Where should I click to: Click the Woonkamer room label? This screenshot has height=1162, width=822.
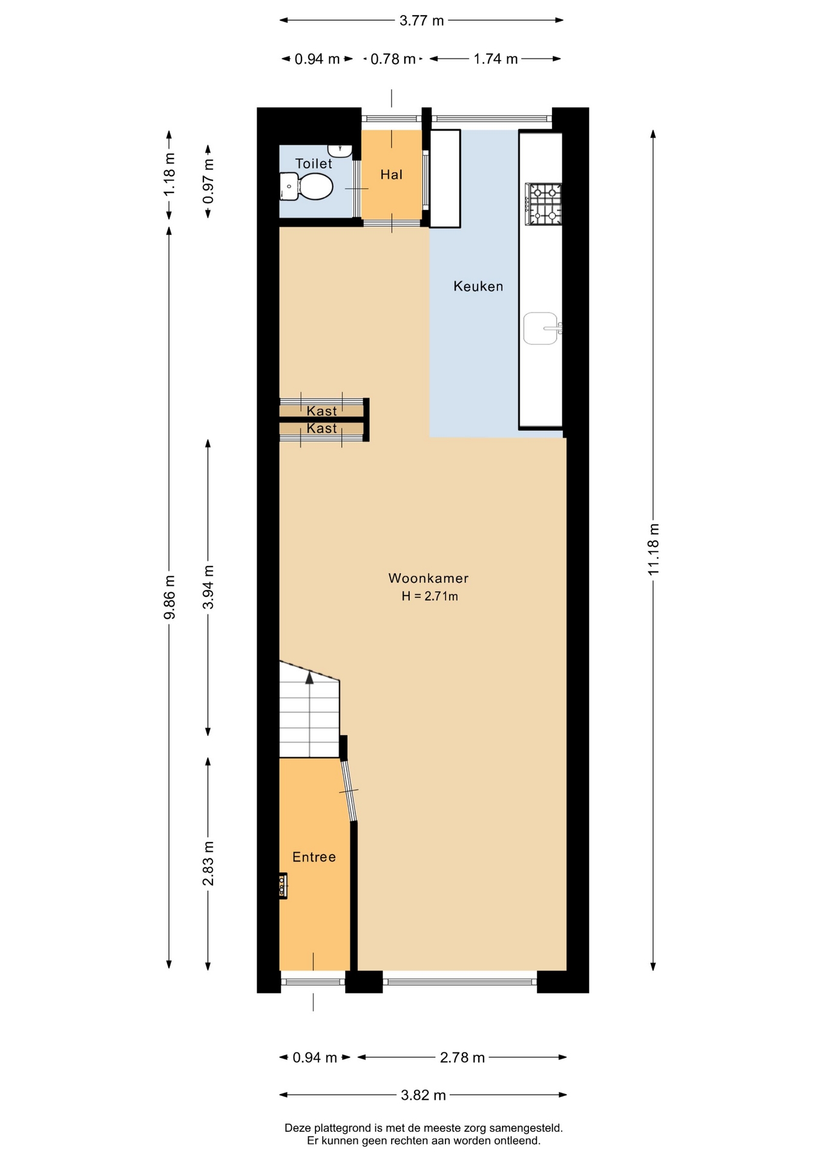coord(429,578)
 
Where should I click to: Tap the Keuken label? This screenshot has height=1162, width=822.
coord(478,286)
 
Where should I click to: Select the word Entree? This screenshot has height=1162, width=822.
coord(314,857)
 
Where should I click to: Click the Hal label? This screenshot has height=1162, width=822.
coord(391,175)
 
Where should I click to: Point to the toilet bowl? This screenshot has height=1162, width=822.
coord(307,186)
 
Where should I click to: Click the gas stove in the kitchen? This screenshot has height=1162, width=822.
coord(544,204)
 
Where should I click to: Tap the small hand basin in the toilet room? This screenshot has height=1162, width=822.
coord(340,150)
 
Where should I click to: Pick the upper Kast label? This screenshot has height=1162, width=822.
coord(321,411)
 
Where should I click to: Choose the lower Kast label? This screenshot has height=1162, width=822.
coord(321,428)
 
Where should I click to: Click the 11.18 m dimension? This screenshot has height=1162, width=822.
coord(653,550)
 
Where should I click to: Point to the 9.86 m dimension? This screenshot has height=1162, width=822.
coord(169,597)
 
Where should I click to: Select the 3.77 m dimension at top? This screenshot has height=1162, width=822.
coord(421,21)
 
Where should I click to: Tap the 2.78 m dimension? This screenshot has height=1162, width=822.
coord(462,1057)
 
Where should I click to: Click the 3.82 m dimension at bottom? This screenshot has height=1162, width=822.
coord(423,1095)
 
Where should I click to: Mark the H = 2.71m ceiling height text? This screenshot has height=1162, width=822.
coord(429,596)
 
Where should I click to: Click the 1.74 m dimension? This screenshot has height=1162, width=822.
coord(495,59)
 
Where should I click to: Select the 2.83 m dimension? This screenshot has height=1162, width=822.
coord(208,864)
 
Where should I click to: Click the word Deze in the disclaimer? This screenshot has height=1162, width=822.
coord(297,1128)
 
